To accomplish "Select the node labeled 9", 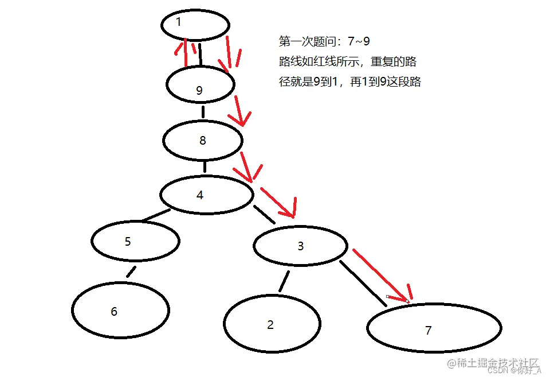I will tap(200, 85).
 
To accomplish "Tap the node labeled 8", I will tap(202, 140).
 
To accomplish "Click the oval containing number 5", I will tap(135, 241).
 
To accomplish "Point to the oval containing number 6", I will tap(121, 310).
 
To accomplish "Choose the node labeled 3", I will tap(300, 246).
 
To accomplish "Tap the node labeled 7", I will tap(434, 329).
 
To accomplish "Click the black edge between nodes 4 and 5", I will tap(156, 216).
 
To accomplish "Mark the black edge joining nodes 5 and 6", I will tap(132, 272).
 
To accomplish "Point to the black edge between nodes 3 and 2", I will tap(284, 281).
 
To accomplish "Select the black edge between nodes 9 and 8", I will tap(203, 111).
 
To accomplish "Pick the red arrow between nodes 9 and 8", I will tap(238, 113).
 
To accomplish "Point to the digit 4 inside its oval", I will tap(199, 195).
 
